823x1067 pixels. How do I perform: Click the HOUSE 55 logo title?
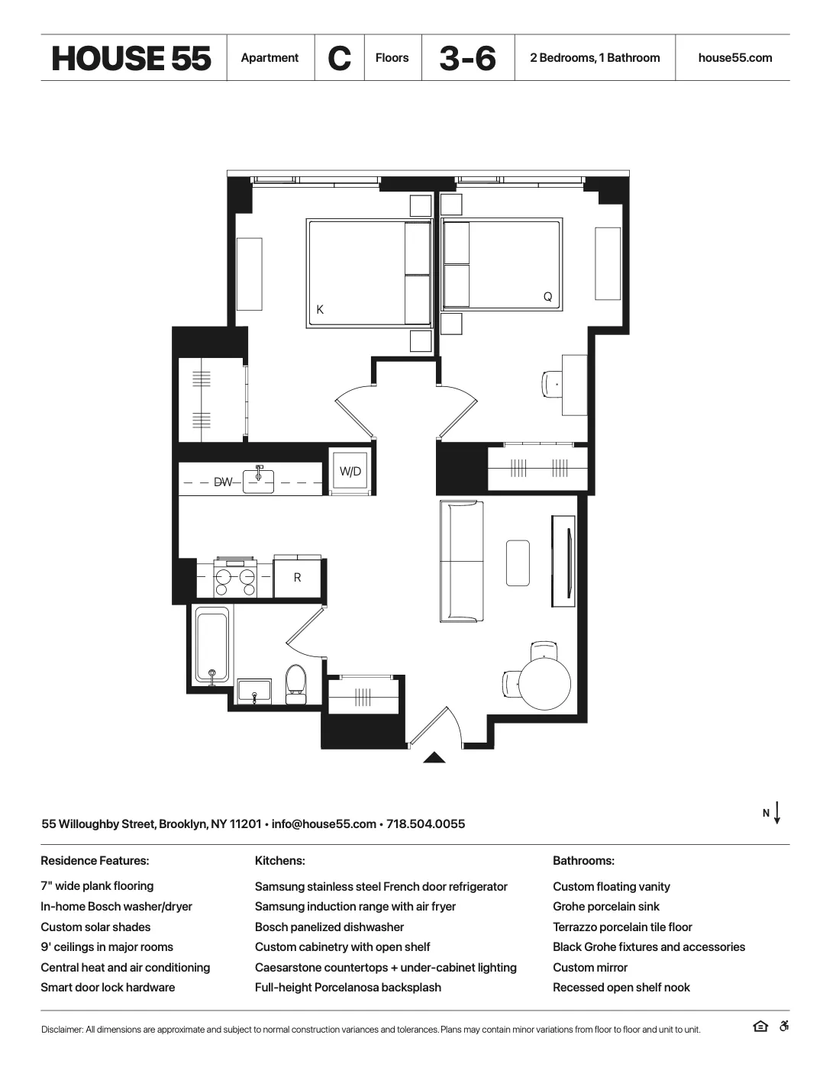coord(131,58)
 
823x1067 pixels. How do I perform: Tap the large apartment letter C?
coord(339,58)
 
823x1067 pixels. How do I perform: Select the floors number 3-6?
coord(467,58)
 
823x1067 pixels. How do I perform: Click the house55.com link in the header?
coord(734,58)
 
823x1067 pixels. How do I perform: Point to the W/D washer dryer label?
coord(350,472)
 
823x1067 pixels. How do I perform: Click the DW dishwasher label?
coord(222,482)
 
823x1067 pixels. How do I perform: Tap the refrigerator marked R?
coord(298,578)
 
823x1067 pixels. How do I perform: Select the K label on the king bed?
coord(320,309)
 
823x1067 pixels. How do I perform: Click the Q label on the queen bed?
coord(547,297)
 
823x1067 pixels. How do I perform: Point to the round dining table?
coord(544,683)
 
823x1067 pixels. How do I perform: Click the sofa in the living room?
coord(461,561)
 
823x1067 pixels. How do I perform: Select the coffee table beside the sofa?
coord(518,563)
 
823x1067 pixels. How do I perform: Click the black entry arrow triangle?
coord(434,757)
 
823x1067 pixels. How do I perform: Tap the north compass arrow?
coord(776,813)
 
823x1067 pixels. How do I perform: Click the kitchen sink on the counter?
coord(258,482)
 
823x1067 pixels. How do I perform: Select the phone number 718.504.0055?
coord(425,824)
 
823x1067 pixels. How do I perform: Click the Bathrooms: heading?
coord(583,861)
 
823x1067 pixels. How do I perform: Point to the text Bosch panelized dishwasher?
coord(329,927)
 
